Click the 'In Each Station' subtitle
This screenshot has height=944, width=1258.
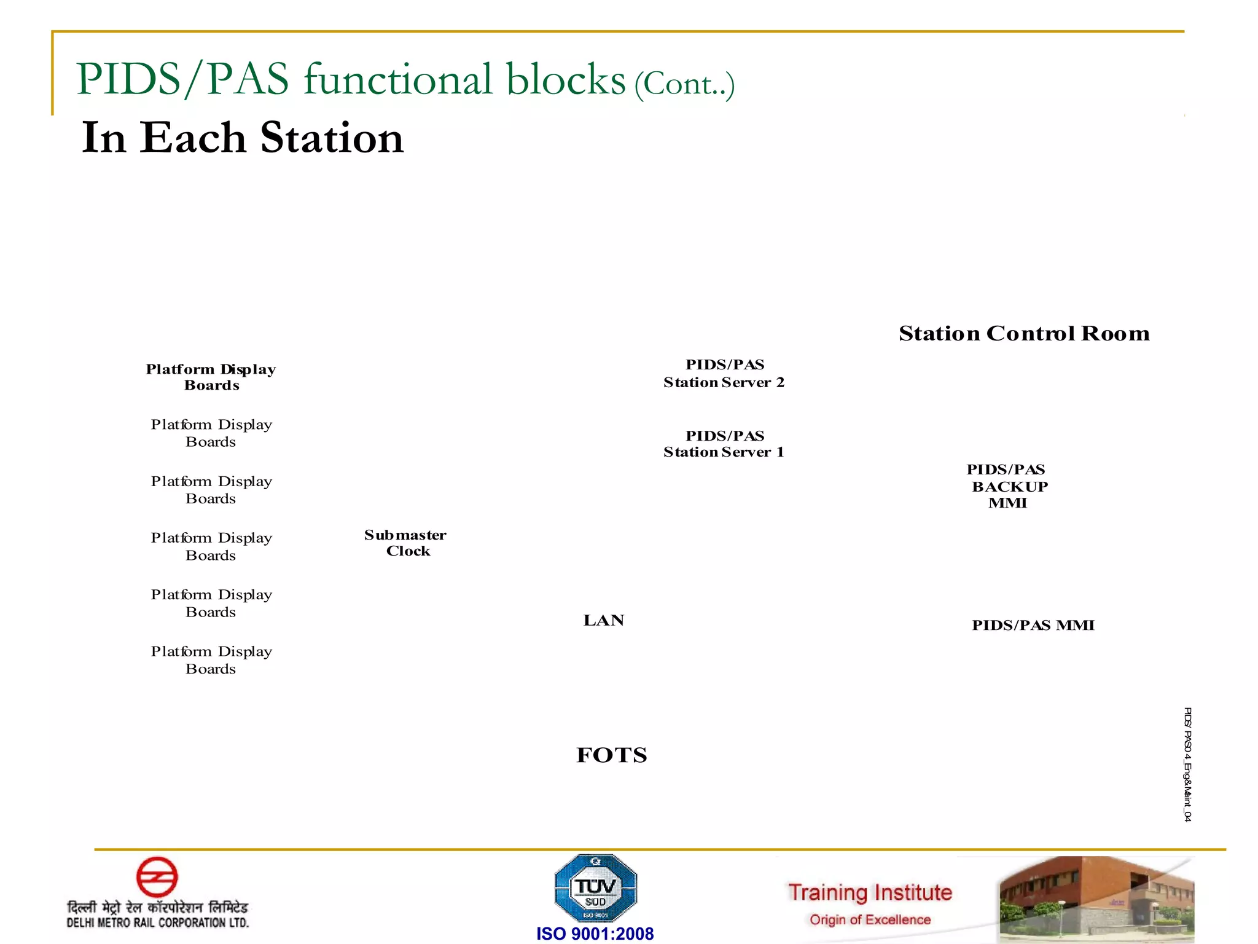pos(243,138)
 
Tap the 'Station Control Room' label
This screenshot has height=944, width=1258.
pos(1023,333)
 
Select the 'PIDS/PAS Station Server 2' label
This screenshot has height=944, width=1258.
pos(724,374)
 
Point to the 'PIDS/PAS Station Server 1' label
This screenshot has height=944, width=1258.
pos(724,444)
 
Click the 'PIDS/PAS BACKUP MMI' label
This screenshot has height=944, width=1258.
pos(1007,486)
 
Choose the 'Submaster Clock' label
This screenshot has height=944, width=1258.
pos(405,543)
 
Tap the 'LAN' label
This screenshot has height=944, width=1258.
pos(604,621)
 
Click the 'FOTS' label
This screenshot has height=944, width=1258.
pos(612,755)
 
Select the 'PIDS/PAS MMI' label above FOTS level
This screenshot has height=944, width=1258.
pos(1033,626)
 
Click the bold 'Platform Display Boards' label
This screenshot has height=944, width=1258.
pos(211,377)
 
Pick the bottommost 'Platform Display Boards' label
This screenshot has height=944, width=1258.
pos(211,660)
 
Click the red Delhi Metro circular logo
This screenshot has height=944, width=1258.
pos(157,877)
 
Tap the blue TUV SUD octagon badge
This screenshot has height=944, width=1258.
pos(595,887)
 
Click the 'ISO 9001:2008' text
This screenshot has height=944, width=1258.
pos(595,934)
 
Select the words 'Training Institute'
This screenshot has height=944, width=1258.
pos(870,892)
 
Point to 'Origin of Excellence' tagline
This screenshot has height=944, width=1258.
pos(870,920)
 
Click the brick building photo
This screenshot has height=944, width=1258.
pos(1096,899)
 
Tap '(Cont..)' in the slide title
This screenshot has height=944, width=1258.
pos(684,85)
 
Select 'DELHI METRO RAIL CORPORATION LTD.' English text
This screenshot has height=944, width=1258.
pos(158,922)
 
